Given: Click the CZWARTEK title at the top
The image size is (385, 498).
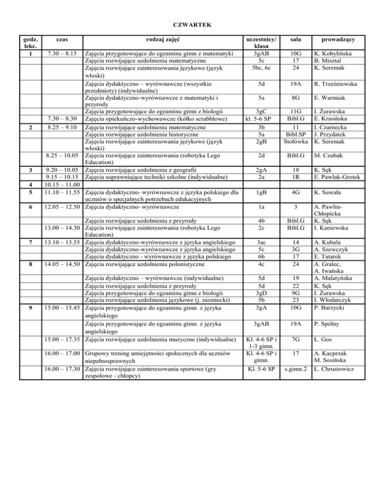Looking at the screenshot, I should tap(192, 24).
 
